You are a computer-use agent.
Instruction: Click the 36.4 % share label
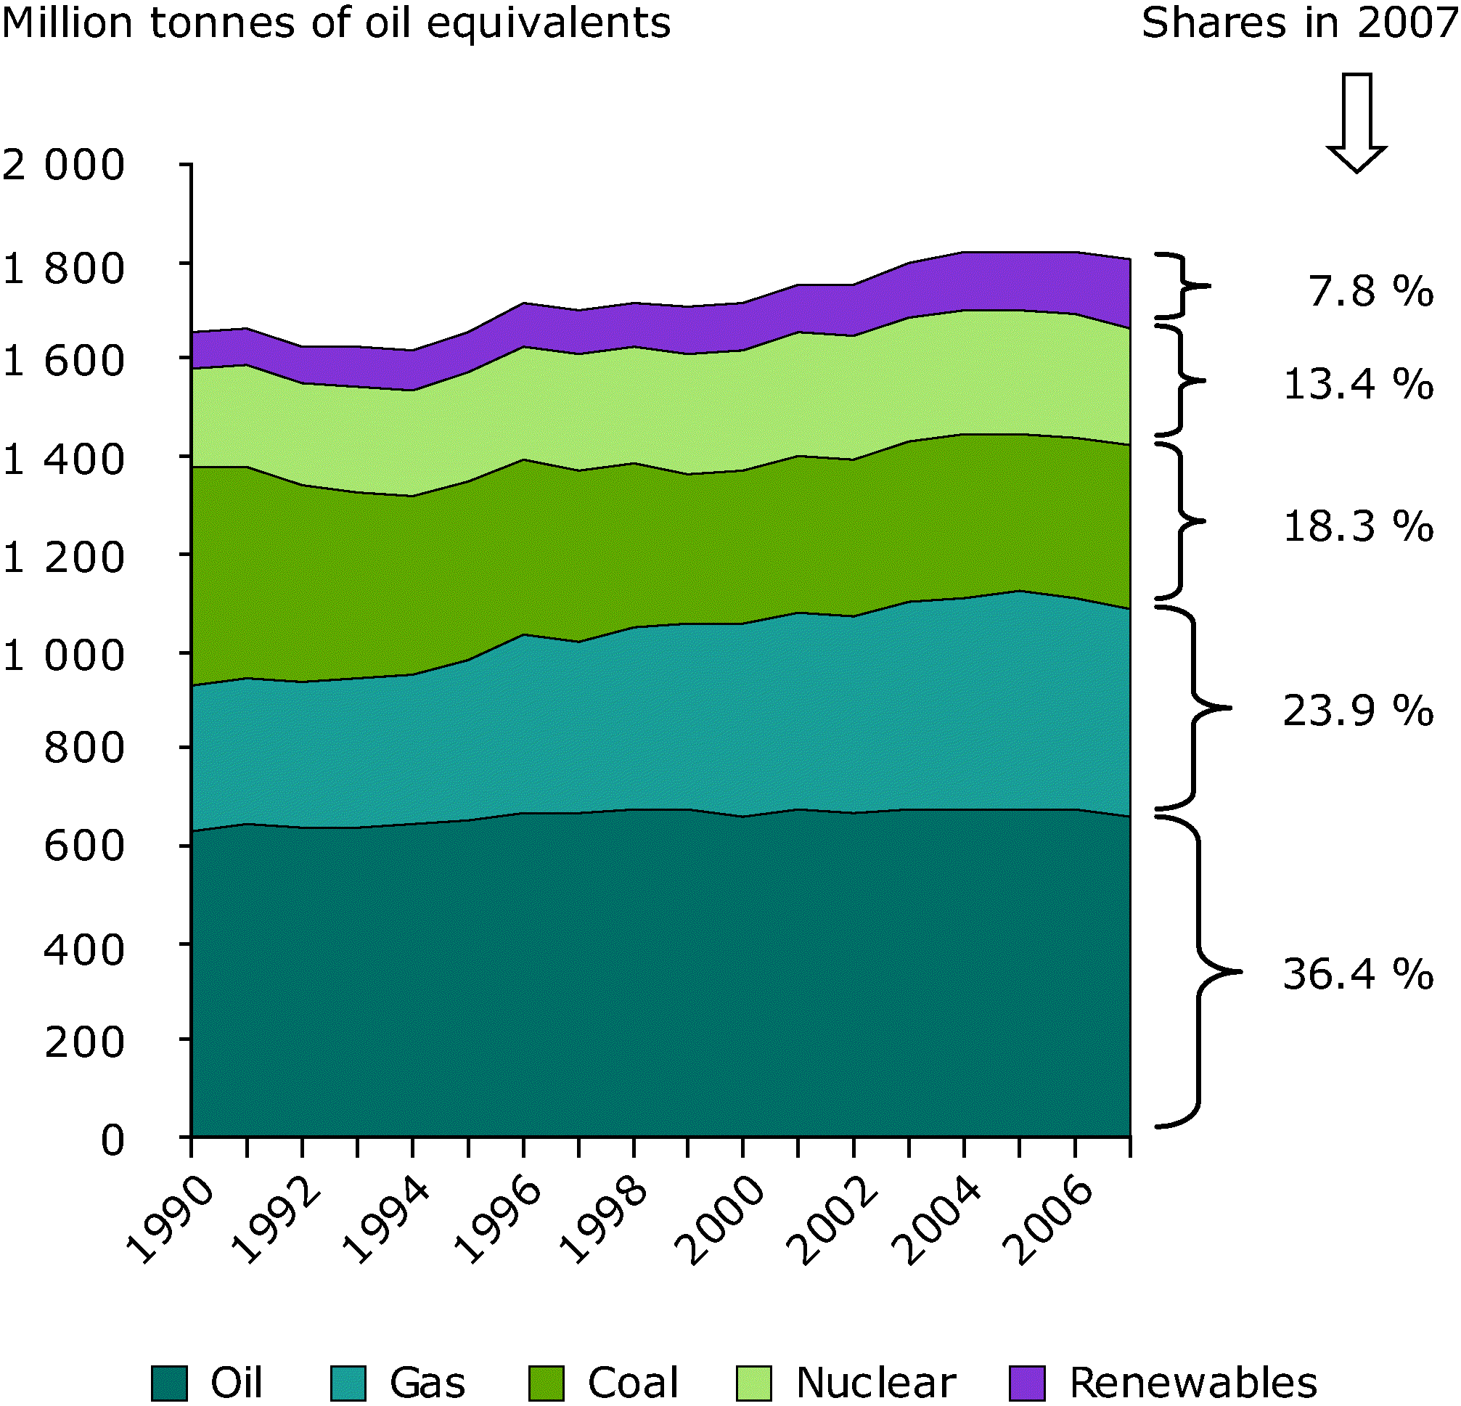pos(1357,974)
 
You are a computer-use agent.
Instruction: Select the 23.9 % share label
pos(1357,711)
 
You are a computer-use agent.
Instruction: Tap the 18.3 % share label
pos(1357,526)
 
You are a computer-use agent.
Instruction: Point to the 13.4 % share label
pos(1357,385)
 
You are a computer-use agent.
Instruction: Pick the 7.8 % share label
pos(1370,291)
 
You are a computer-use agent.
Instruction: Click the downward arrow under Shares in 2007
pos(1356,123)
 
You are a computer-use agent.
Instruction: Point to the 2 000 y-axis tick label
pos(63,165)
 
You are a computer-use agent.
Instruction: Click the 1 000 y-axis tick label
pos(63,656)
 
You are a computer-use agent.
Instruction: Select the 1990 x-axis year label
pos(169,1219)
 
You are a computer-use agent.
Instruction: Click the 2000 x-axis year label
pos(719,1219)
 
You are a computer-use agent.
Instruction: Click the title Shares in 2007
pos(1300,23)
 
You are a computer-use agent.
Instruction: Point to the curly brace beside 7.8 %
pos(1182,286)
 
